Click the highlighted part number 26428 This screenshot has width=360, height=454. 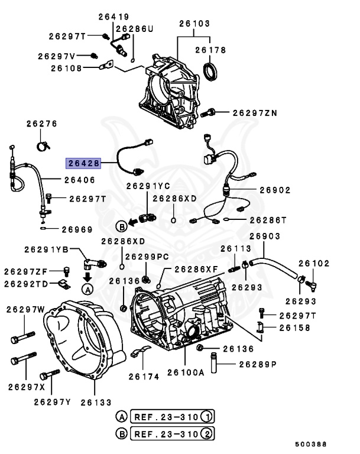point(83,163)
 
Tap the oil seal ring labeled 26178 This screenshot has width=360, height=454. point(210,71)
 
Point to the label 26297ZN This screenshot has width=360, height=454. point(254,112)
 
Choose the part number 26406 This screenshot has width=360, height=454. point(79,179)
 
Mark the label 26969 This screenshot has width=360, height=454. point(77,228)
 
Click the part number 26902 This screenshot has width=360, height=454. point(275,190)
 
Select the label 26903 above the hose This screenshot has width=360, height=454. point(264,236)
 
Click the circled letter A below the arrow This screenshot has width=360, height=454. point(87,289)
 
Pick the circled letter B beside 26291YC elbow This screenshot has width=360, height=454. point(121,226)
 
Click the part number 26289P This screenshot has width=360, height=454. point(257,364)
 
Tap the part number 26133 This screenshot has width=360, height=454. point(96,402)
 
